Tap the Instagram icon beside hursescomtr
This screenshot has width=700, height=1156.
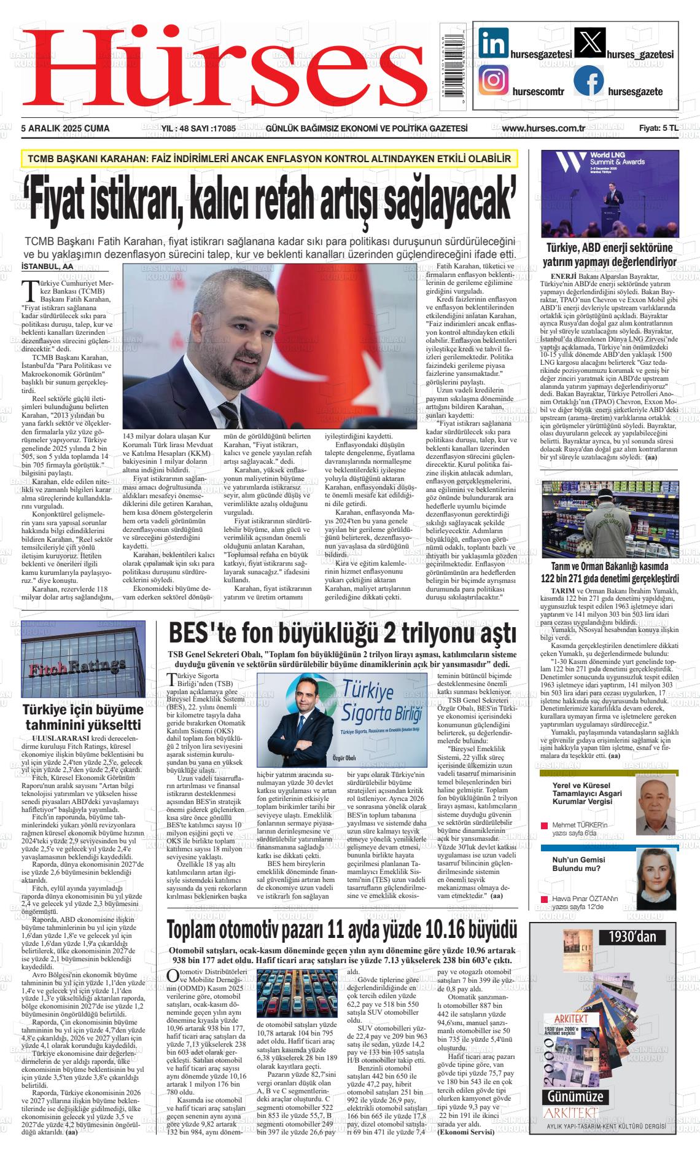(493, 81)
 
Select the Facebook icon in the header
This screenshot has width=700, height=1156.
(588, 80)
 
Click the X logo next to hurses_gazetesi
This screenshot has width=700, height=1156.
(588, 43)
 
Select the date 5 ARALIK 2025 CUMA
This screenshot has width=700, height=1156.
(65, 128)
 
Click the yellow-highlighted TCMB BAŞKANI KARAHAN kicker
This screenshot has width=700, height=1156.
(270, 159)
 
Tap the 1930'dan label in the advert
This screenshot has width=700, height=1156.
(632, 937)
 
